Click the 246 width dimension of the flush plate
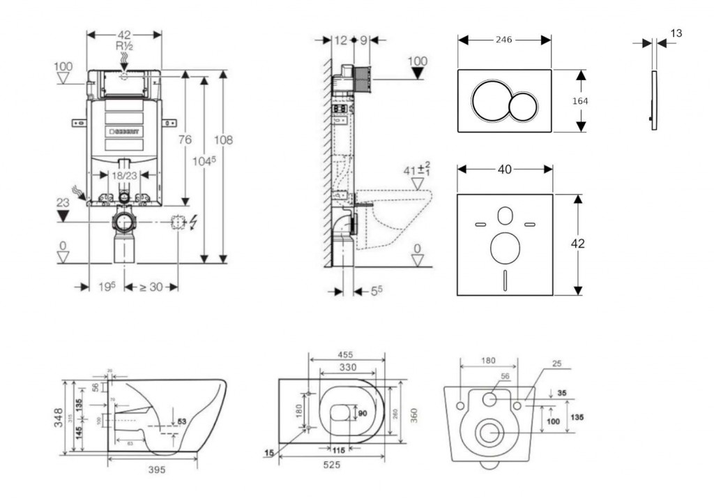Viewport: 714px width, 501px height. tap(504, 40)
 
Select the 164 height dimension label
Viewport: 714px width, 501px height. tap(579, 101)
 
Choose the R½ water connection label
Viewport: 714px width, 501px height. tap(124, 45)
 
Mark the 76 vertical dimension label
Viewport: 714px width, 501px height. tap(185, 140)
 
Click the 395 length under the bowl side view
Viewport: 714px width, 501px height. tap(157, 470)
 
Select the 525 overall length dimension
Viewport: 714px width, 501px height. tap(331, 465)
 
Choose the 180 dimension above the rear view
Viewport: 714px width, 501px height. tap(488, 361)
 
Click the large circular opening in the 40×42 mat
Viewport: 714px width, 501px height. tap(504, 247)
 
